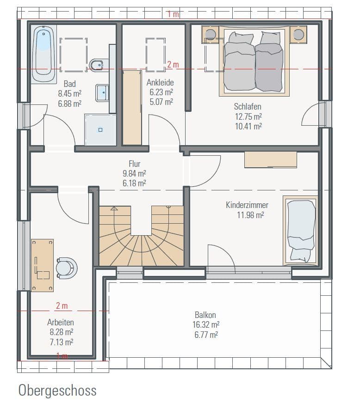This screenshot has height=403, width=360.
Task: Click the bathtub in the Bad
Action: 44,54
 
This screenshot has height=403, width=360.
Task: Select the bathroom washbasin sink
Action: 102,93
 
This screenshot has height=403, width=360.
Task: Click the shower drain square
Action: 100,130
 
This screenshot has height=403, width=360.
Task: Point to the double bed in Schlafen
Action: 254,61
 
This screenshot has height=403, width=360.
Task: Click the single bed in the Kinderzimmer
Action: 301,231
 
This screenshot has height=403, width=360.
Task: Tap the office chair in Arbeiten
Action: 66,268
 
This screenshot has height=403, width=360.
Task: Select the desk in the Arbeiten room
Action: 43,265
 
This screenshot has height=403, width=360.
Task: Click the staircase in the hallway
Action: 141,236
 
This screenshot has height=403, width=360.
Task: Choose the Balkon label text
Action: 205,315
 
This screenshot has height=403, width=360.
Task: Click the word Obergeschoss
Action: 57,390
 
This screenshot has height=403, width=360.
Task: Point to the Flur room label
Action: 135,164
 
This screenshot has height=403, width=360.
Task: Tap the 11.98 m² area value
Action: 250,215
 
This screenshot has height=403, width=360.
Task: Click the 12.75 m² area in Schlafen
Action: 248,116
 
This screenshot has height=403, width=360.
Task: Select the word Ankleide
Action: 160,83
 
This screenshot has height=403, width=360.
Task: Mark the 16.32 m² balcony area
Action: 206,324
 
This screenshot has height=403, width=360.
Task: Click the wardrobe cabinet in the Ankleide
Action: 132,108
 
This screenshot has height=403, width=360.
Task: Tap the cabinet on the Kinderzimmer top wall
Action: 271,159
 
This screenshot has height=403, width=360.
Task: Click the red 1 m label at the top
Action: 173,14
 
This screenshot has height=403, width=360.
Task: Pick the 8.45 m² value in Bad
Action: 70,93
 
